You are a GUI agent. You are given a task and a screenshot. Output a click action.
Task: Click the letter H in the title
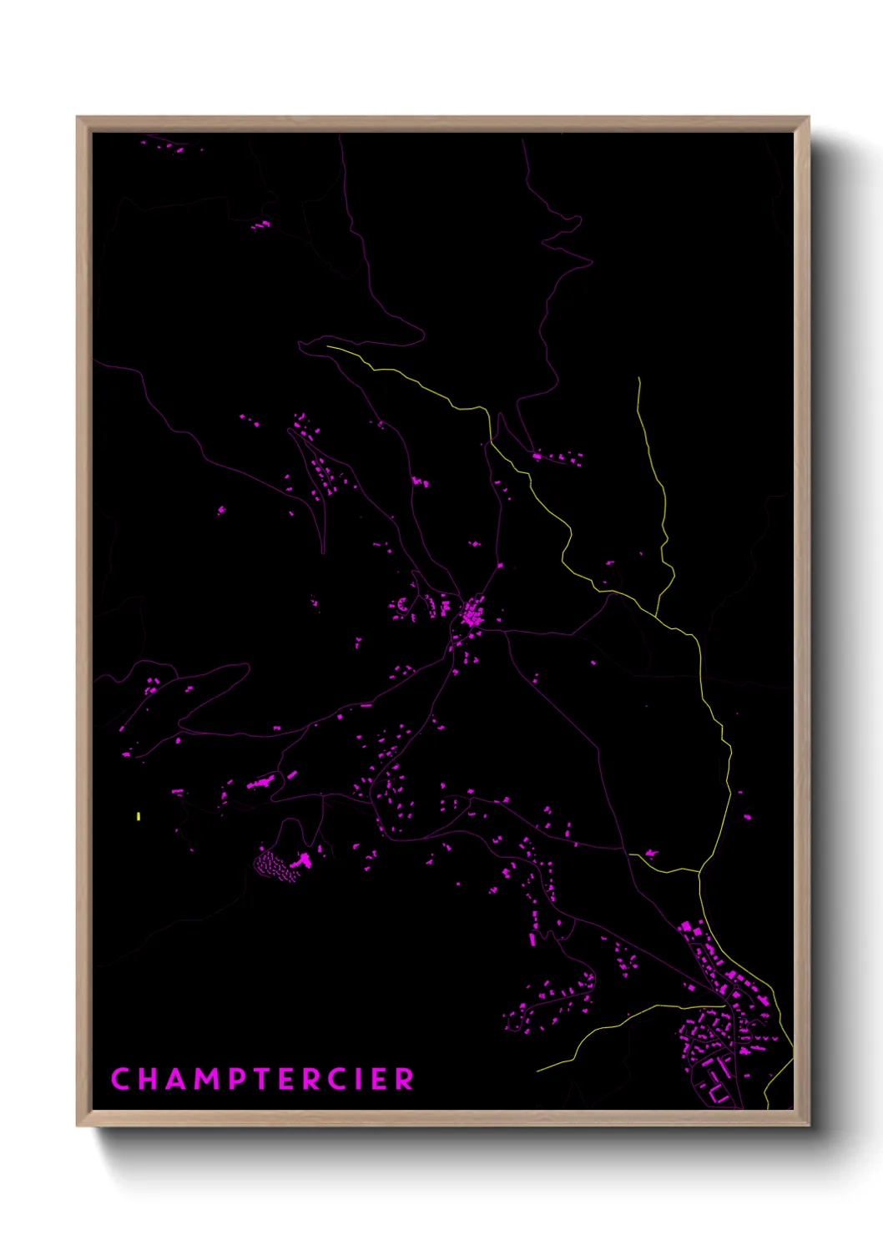[143, 1078]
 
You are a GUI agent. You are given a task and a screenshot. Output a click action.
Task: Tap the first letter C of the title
[119, 1078]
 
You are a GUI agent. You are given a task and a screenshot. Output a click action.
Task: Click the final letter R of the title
[405, 1078]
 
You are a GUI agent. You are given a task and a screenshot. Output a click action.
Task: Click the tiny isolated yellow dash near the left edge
[139, 816]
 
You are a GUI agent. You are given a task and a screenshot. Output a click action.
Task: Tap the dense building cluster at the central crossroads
[473, 613]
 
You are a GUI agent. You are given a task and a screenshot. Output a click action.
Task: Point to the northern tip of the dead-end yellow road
[638, 379]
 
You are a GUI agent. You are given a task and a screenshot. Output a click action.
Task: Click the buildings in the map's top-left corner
[172, 148]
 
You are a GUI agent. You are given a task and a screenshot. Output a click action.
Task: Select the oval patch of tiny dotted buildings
[275, 865]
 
